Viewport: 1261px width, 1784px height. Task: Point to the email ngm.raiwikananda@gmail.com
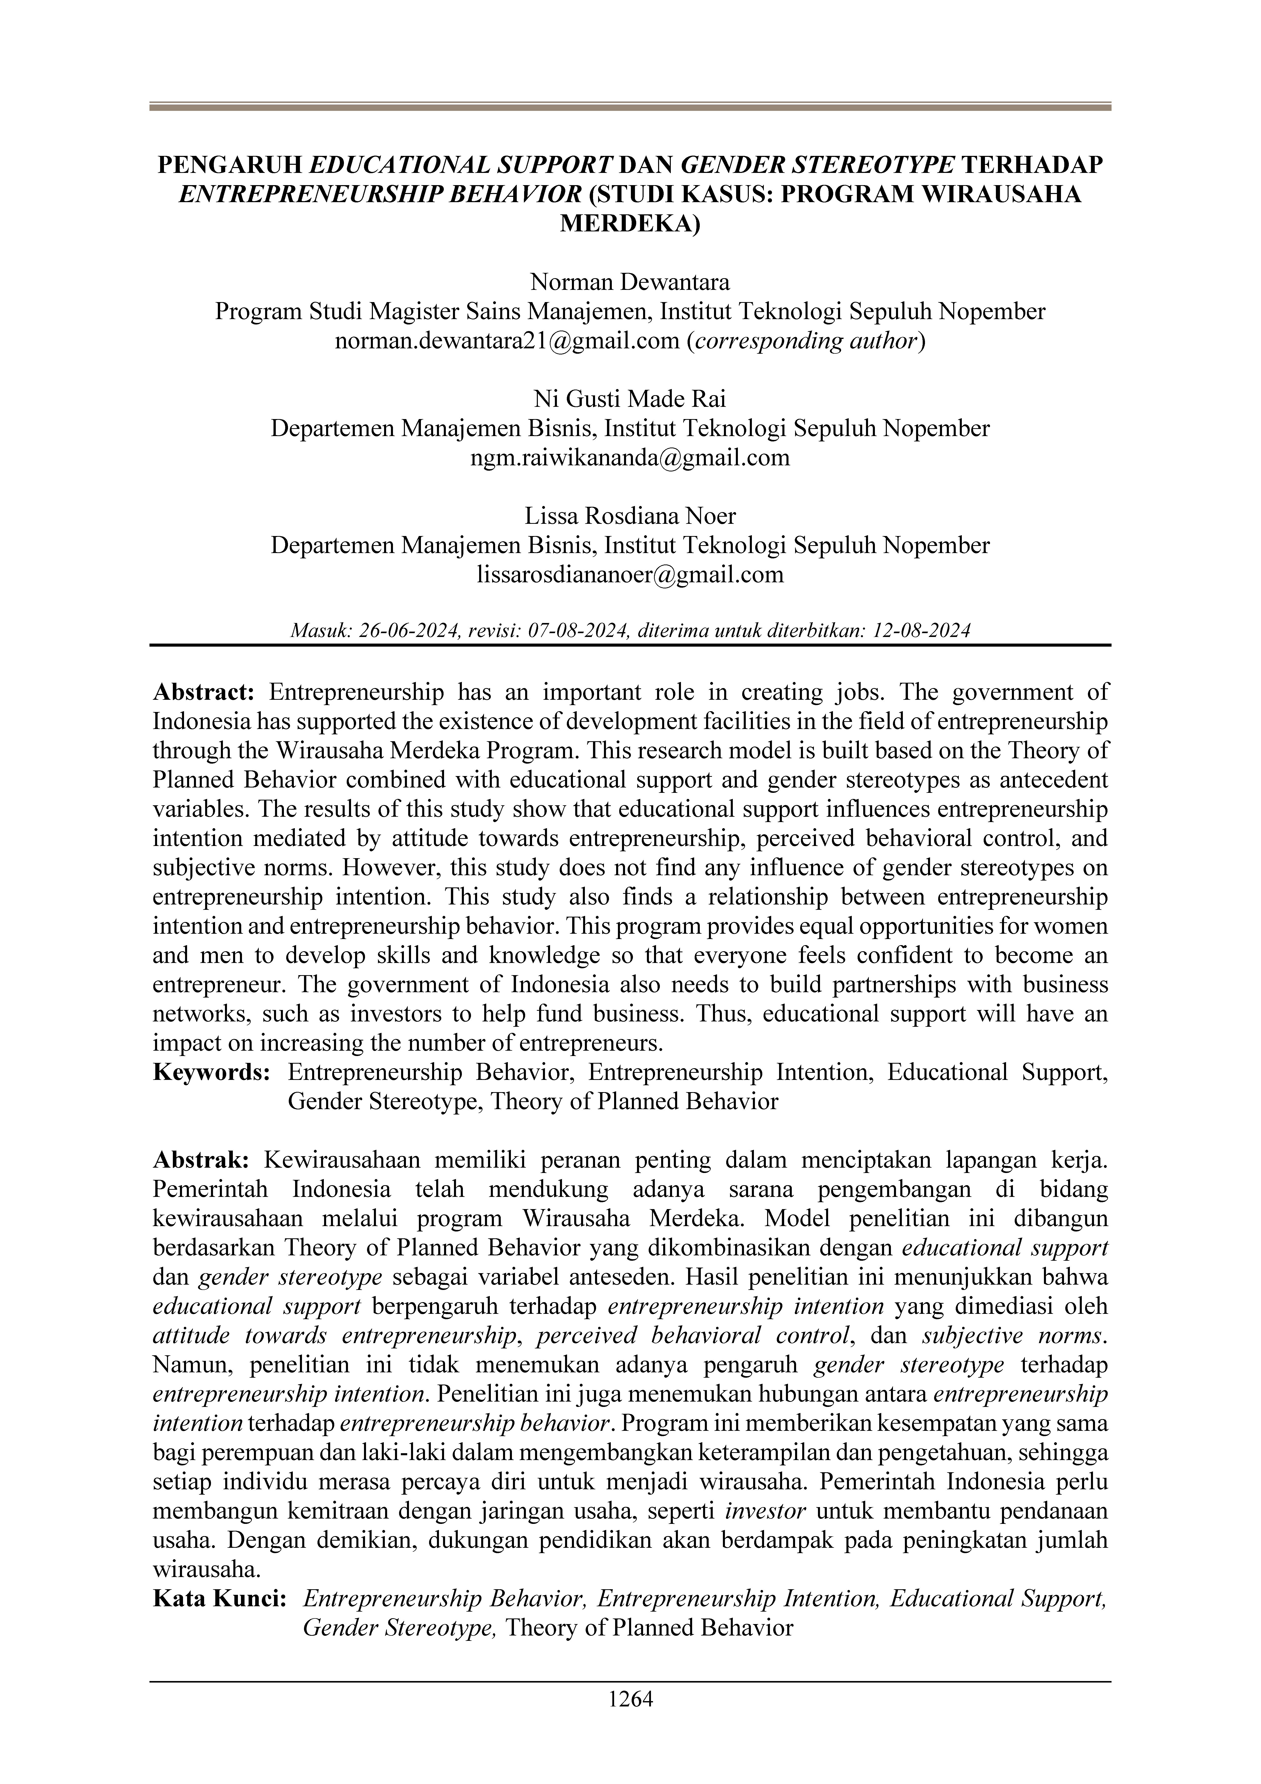pyautogui.click(x=630, y=458)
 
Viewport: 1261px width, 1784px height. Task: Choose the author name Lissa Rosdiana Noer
pyautogui.click(x=630, y=516)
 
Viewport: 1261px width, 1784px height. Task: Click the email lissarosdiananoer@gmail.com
pyautogui.click(x=630, y=575)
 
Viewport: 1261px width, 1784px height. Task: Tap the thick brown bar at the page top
pyautogui.click(x=630, y=107)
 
